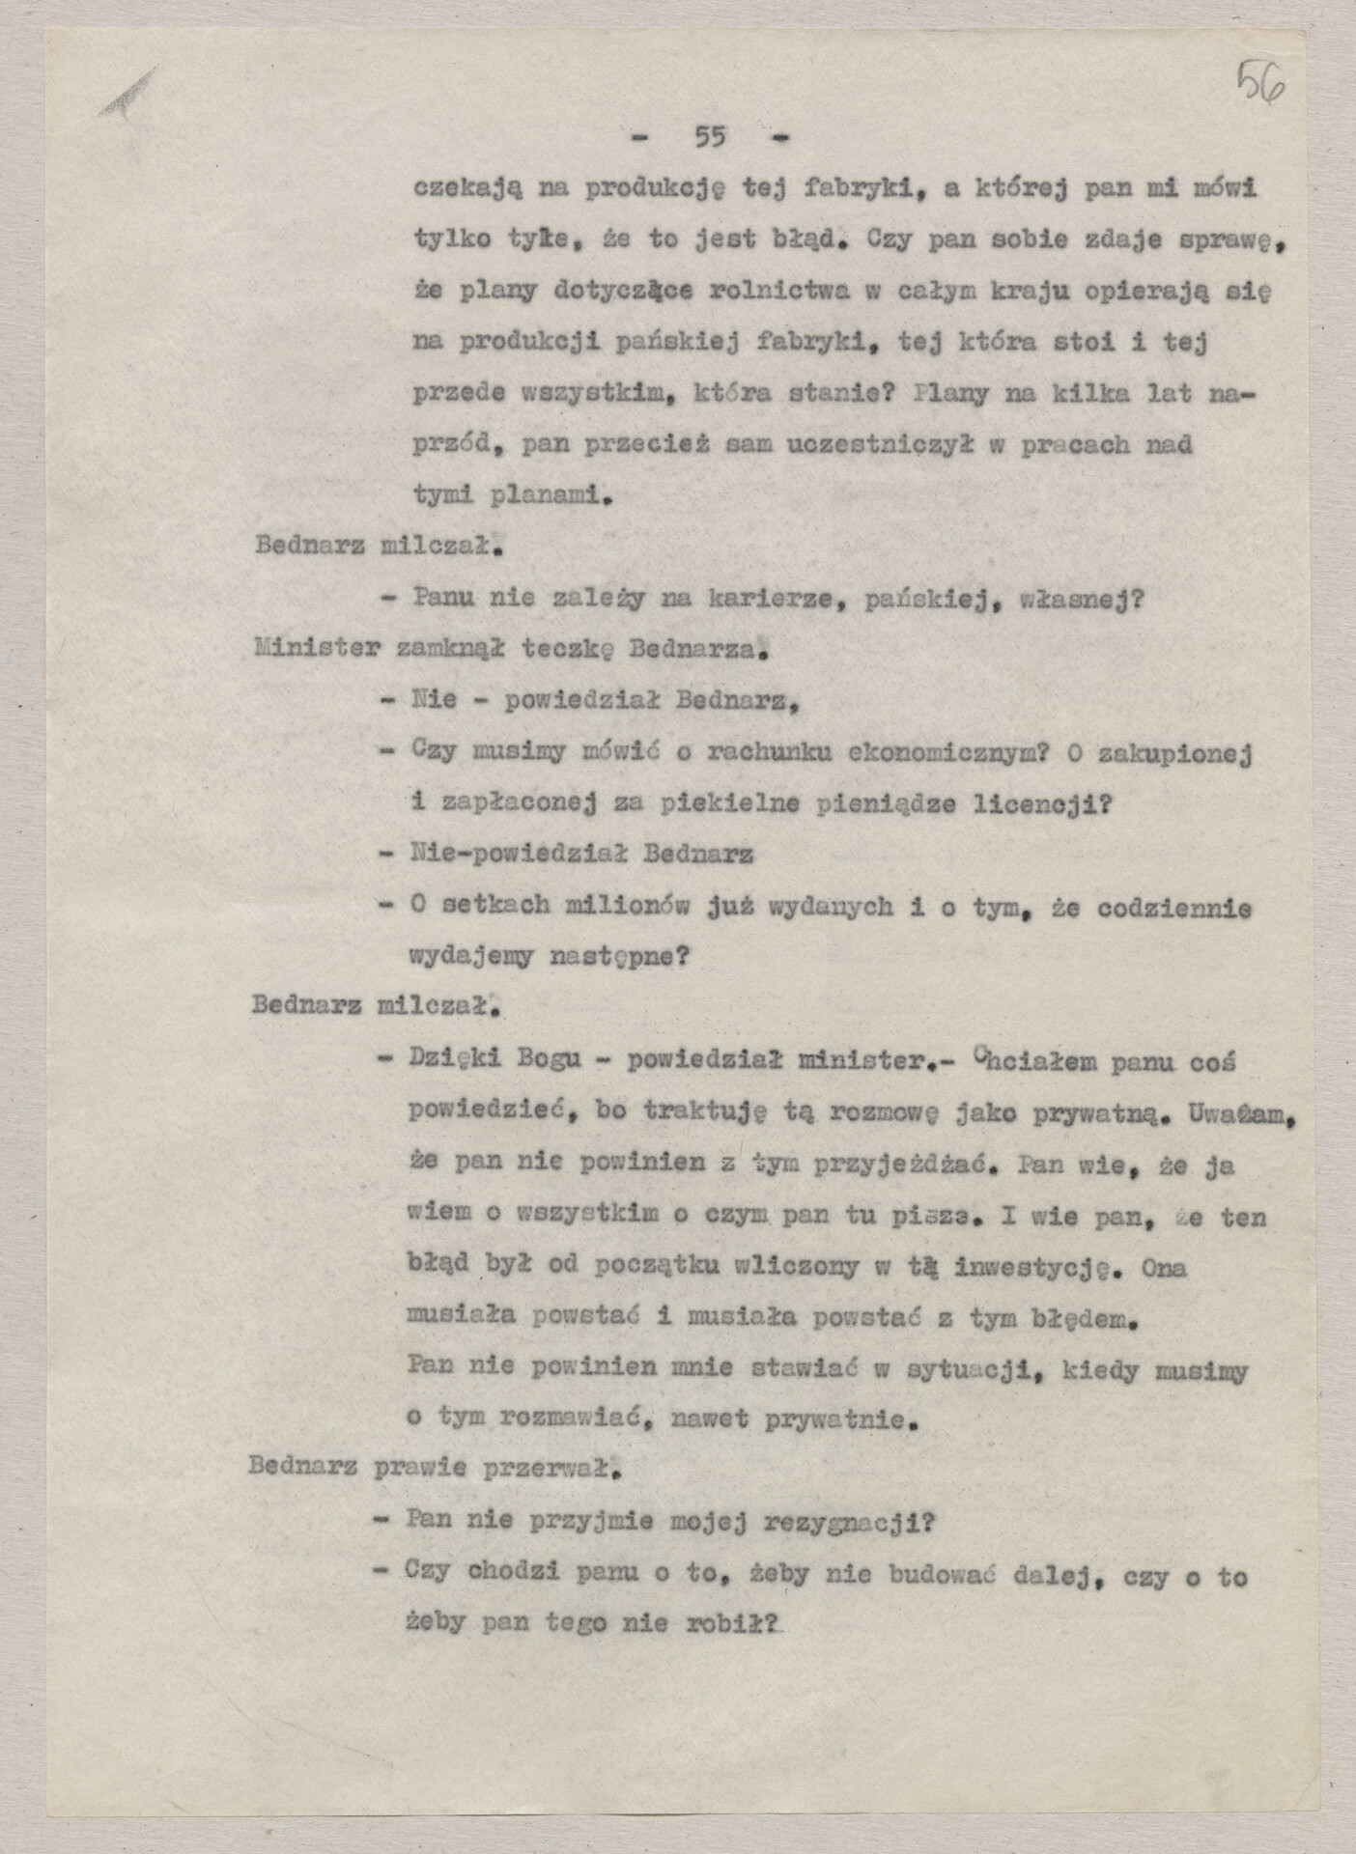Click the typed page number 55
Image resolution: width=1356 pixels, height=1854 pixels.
[x=710, y=138]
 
